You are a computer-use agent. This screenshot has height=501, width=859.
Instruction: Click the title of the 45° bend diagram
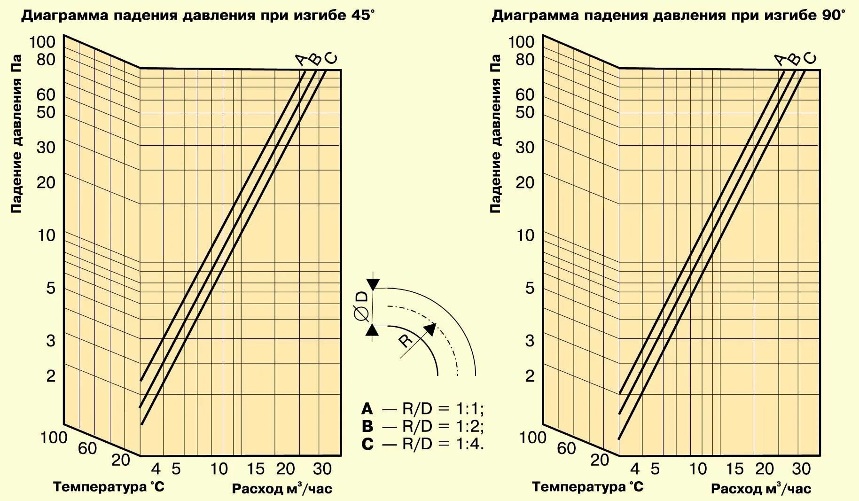pyautogui.click(x=198, y=15)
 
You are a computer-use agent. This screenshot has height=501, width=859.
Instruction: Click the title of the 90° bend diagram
pyautogui.click(x=668, y=15)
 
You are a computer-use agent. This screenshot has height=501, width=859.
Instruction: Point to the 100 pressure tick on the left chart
pyautogui.click(x=43, y=42)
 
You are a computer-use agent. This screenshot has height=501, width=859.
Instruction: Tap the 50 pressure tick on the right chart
pyautogui.click(x=525, y=112)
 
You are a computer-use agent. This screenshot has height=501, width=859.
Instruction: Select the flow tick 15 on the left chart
pyautogui.click(x=256, y=469)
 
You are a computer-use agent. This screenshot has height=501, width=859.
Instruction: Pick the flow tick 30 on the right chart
pyautogui.click(x=801, y=469)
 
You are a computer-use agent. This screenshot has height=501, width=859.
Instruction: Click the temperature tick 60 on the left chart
pyautogui.click(x=87, y=449)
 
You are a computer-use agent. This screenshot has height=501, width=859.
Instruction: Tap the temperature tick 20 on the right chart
pyautogui.click(x=600, y=460)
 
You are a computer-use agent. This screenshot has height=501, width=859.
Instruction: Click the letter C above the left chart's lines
pyautogui.click(x=332, y=59)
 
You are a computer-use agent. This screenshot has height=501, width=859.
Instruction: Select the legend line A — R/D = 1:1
pyautogui.click(x=422, y=408)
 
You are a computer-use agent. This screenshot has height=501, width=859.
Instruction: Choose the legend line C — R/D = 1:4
pyautogui.click(x=422, y=444)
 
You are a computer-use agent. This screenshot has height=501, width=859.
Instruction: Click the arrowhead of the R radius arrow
pyautogui.click(x=430, y=329)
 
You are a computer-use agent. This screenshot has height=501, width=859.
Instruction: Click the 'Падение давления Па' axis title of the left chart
pyautogui.click(x=16, y=134)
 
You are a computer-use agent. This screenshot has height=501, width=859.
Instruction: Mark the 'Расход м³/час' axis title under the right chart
pyautogui.click(x=761, y=488)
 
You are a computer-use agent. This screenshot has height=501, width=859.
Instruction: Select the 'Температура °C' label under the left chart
pyautogui.click(x=109, y=486)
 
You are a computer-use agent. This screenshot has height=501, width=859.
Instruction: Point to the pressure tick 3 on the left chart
pyautogui.click(x=51, y=341)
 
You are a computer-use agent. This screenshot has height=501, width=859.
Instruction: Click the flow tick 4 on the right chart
pyautogui.click(x=635, y=469)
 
